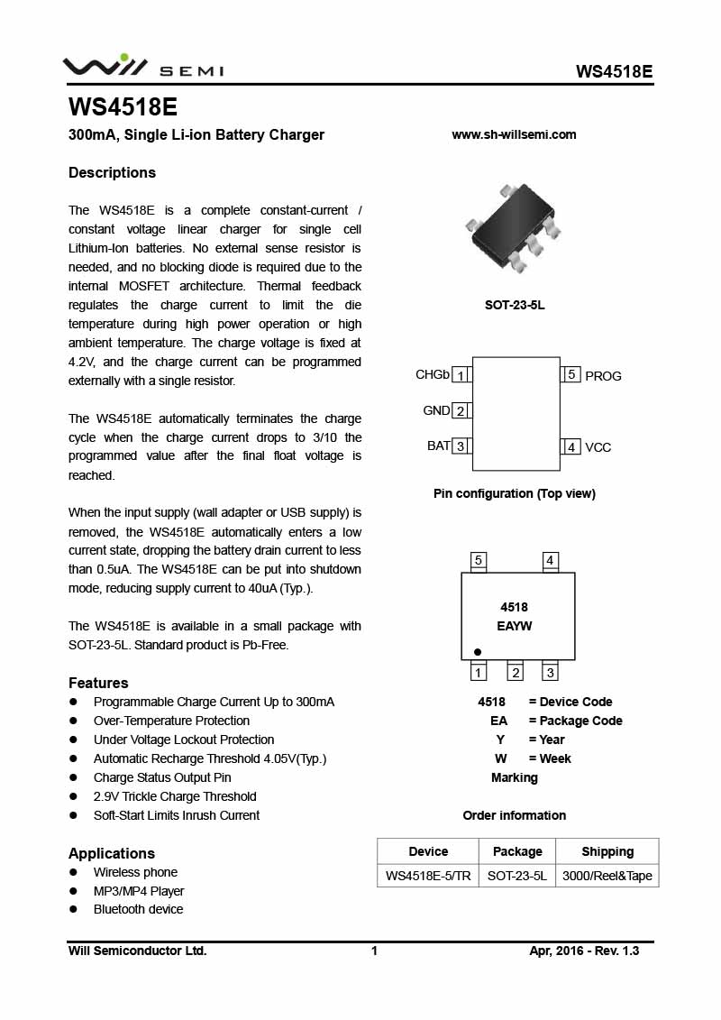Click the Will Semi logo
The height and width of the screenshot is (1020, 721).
142,67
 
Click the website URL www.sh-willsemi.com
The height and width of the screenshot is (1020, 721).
514,134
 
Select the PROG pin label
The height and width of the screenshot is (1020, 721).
603,376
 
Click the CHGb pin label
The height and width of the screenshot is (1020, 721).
433,374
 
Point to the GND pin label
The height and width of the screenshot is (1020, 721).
436,410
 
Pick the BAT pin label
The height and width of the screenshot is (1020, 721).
438,446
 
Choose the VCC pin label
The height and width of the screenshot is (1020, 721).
598,447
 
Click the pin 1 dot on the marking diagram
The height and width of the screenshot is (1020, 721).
478,651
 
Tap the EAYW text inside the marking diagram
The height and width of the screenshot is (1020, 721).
515,626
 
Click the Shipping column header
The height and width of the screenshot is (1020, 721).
607,851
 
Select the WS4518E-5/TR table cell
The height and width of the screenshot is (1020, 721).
428,876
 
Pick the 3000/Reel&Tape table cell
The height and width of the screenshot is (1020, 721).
607,876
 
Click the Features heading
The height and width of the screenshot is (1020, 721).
98,683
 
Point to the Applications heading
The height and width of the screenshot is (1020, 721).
112,853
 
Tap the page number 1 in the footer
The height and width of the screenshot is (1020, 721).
374,951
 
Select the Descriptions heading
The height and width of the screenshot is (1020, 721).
112,172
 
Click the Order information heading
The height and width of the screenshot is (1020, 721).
515,815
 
